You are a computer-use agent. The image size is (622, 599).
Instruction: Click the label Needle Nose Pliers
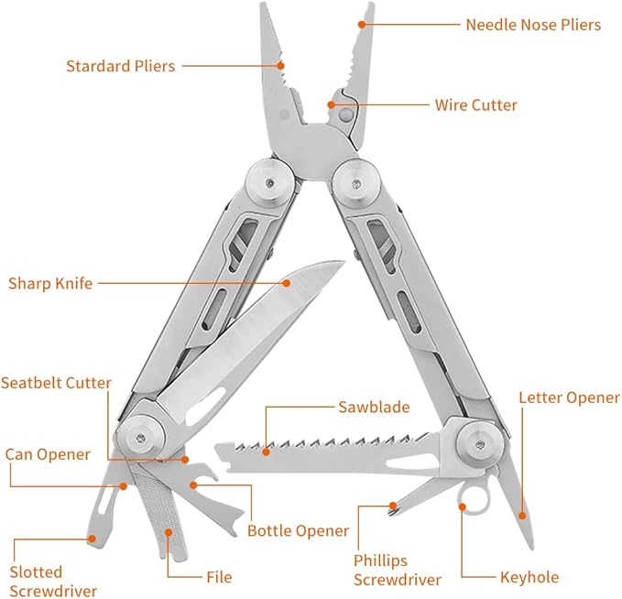(x=533, y=25)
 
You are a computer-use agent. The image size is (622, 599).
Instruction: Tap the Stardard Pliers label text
(x=120, y=66)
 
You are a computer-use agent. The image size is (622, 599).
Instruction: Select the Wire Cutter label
(x=475, y=105)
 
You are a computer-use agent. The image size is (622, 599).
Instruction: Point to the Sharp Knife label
(x=50, y=283)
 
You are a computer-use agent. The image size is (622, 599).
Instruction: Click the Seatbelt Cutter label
(x=57, y=383)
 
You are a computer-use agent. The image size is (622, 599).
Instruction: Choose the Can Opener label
(x=48, y=454)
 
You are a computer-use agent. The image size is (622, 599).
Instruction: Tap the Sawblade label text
(x=373, y=408)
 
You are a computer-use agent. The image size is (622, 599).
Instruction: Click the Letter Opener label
(x=569, y=398)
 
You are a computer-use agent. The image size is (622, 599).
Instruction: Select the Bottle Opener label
(x=299, y=531)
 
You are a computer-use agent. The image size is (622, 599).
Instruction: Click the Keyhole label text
(x=529, y=577)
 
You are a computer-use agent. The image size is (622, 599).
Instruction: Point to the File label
(x=218, y=577)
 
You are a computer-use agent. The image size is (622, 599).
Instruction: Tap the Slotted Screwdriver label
(x=53, y=582)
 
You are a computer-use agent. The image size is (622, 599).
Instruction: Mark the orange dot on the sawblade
(x=267, y=451)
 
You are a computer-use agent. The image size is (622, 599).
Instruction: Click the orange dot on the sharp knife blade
(x=286, y=283)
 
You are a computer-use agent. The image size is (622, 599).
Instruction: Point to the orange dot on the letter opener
(x=524, y=519)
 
